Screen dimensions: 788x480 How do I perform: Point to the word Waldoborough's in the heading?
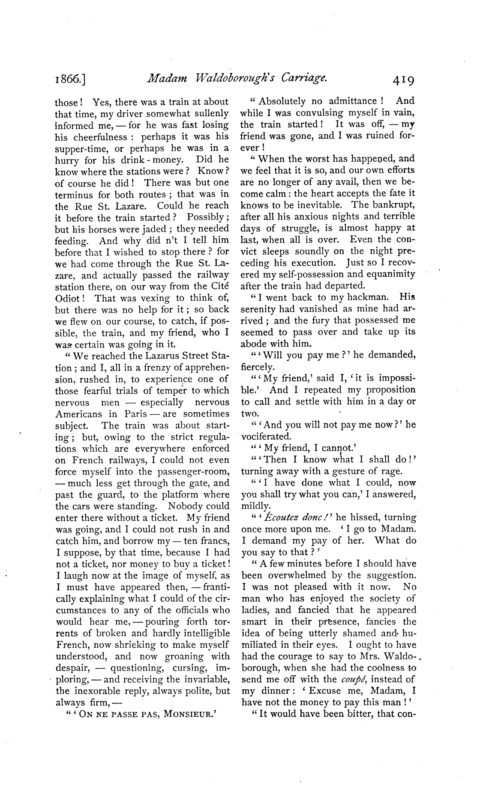[228, 79]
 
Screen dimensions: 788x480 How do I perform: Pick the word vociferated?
[266, 437]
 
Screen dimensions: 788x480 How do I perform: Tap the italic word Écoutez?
[281, 518]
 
